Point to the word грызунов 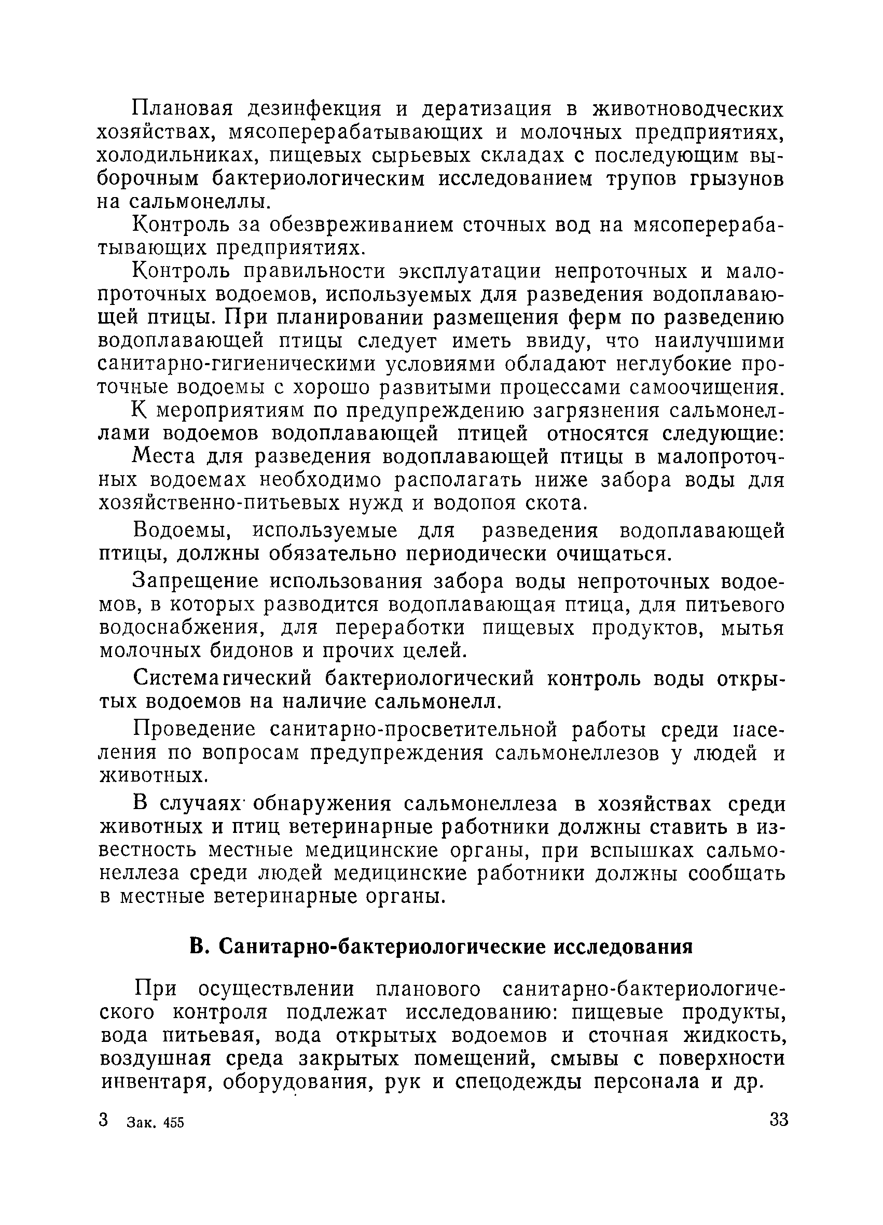coord(738,179)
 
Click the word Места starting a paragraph coord(164,457)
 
